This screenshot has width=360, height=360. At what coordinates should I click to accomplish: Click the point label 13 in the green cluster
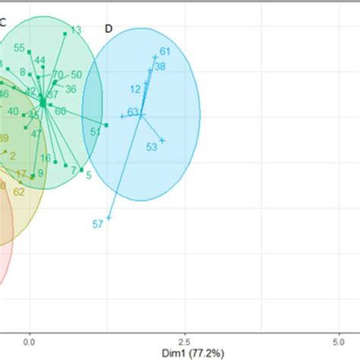point(76,30)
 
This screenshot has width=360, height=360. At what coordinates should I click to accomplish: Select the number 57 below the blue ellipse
point(97,224)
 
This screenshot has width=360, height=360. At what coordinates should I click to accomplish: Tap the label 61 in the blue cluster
point(165,52)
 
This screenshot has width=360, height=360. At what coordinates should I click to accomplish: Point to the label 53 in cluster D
point(151,147)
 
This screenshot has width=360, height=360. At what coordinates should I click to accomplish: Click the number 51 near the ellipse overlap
point(95,131)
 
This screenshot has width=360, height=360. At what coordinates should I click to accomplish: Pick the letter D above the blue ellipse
point(109,29)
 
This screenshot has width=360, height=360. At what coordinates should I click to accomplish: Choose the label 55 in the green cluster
point(19,48)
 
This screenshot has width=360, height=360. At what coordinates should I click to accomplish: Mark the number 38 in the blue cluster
point(159,67)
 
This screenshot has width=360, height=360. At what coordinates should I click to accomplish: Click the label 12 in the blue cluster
point(135,89)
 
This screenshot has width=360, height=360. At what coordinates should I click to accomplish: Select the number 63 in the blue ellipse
point(133,112)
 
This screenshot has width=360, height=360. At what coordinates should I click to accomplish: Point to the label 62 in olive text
point(19,191)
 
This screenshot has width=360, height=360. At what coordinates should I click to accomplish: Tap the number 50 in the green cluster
point(76,74)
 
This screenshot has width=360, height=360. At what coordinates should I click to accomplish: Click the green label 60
point(60,111)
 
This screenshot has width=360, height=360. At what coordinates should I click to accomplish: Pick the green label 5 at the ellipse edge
point(89,175)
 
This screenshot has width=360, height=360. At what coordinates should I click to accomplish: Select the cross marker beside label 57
point(109,218)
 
